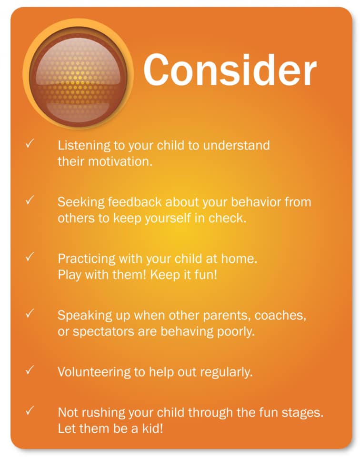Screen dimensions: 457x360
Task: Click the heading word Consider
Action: point(230,70)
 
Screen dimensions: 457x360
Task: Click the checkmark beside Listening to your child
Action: point(30,143)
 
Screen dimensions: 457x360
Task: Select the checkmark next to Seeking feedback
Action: point(30,200)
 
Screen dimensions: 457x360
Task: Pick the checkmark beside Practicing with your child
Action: point(30,257)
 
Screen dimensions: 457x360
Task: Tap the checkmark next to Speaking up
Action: point(30,313)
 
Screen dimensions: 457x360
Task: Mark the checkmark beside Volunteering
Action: point(30,370)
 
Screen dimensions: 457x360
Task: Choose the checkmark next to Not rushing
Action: point(30,410)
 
